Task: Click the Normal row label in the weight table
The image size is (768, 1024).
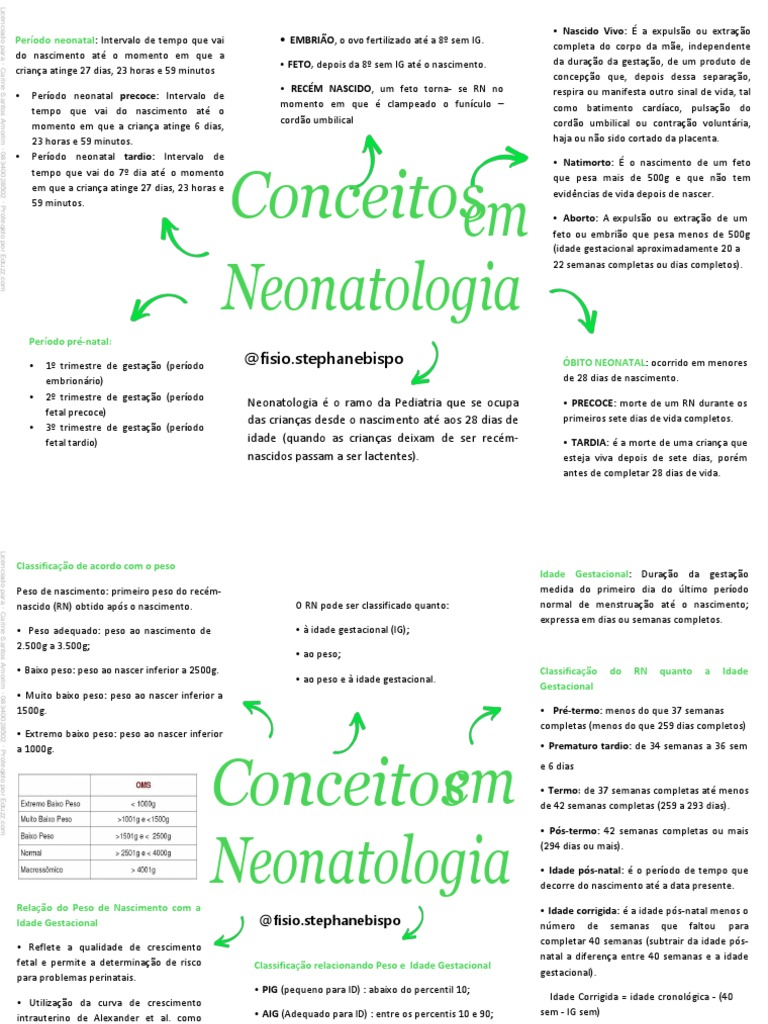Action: point(31,851)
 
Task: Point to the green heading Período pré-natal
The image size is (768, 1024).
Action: point(70,341)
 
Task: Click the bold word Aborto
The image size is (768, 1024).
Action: point(579,217)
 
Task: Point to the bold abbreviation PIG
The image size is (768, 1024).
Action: point(267,989)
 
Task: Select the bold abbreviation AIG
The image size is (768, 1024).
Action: point(267,1013)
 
